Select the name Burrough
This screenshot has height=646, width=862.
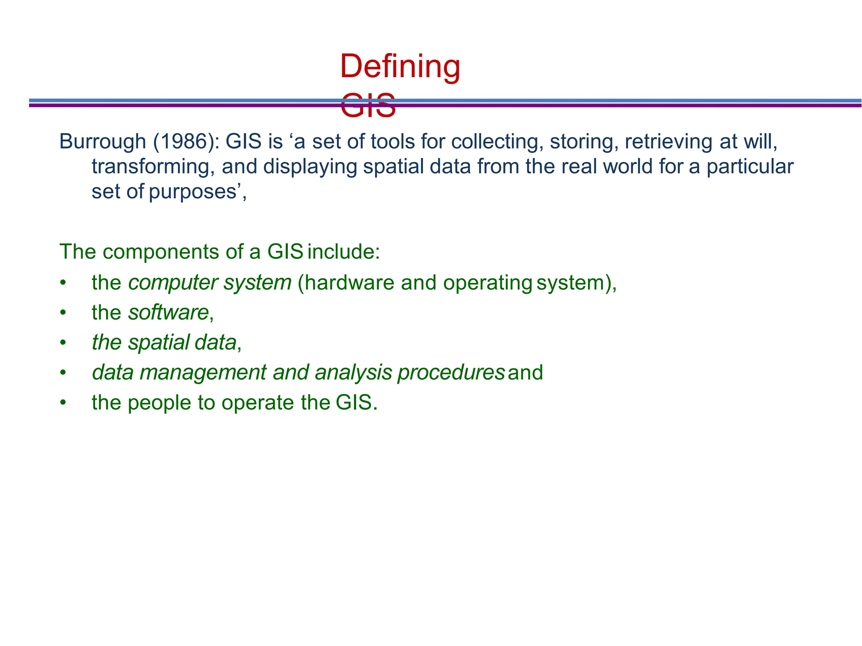click(x=102, y=141)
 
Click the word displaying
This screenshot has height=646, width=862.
click(x=310, y=167)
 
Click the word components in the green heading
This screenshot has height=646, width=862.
click(x=160, y=252)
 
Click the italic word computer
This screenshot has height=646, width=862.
click(x=173, y=283)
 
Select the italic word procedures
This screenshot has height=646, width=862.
click(x=451, y=373)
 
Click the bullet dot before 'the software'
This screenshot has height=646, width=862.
click(x=63, y=313)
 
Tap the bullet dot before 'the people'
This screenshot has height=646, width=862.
click(x=63, y=403)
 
